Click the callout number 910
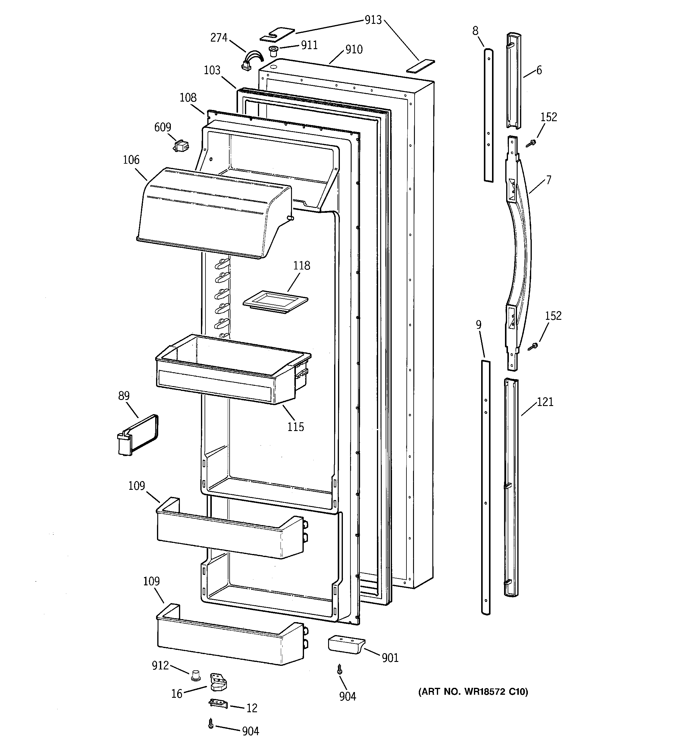point(353,49)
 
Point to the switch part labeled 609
point(181,146)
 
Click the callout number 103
point(212,70)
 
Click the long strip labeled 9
point(485,488)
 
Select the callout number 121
point(545,402)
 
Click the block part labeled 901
point(345,644)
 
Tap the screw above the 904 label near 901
point(340,669)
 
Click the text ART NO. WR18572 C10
point(473,691)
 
